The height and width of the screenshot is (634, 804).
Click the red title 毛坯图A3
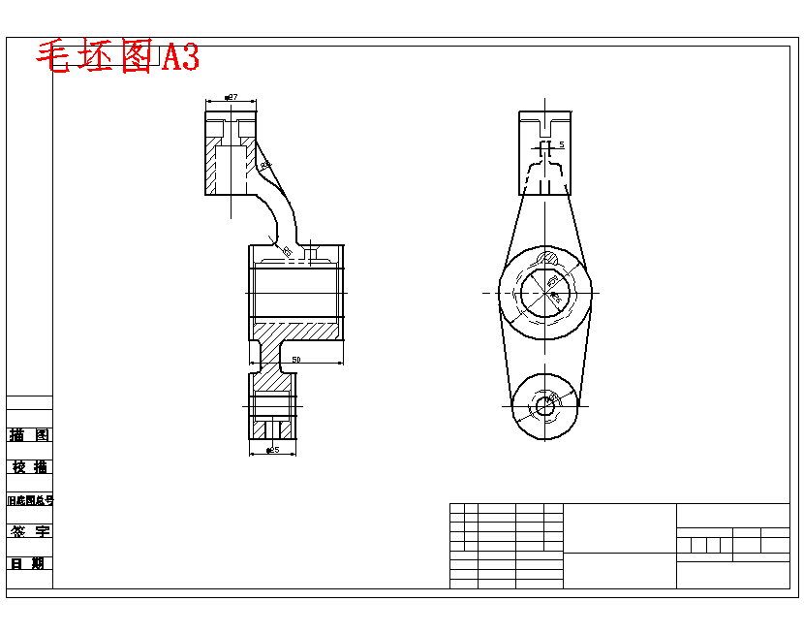(117, 58)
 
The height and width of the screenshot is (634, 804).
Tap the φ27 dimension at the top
(232, 98)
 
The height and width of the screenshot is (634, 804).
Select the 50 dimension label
(296, 360)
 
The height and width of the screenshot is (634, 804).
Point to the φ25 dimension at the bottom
(272, 450)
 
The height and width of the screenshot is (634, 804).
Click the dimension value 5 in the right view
(561, 144)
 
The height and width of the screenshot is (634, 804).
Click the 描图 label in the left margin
(30, 435)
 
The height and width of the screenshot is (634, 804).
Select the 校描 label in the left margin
(30, 467)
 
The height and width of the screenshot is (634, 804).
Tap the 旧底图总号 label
(30, 500)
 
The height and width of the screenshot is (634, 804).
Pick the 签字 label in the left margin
(30, 531)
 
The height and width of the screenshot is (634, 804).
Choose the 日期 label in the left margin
(30, 563)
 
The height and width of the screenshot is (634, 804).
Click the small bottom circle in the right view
(545, 406)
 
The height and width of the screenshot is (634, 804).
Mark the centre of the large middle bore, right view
(545, 292)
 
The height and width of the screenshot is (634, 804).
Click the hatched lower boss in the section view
(272, 402)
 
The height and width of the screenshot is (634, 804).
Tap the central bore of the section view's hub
(295, 292)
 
